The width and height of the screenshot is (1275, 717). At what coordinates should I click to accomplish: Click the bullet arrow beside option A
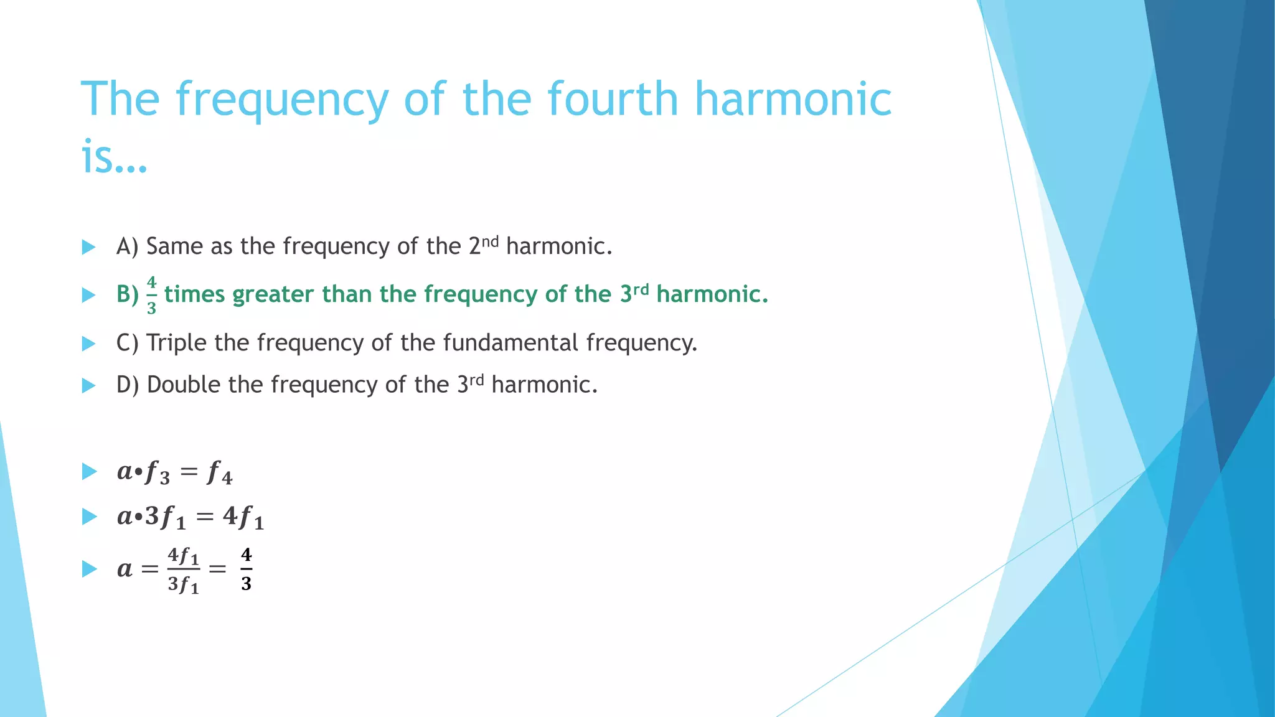[88, 247]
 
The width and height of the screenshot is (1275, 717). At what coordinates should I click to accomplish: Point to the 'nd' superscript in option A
[491, 241]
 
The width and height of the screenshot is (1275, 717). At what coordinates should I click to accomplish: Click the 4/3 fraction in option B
[151, 295]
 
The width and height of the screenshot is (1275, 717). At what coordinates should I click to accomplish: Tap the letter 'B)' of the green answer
[128, 294]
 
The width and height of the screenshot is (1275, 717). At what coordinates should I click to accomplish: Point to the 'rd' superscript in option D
[476, 380]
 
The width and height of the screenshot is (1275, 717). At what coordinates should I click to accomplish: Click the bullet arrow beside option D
[88, 385]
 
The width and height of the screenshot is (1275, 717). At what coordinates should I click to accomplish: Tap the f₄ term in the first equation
[219, 473]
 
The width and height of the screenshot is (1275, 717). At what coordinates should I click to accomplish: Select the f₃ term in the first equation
[157, 473]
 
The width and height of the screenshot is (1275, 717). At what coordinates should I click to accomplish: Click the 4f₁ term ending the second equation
[243, 517]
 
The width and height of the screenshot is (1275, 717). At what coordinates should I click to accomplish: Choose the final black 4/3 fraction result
[246, 569]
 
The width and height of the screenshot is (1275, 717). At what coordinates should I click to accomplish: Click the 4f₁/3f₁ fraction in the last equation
[184, 569]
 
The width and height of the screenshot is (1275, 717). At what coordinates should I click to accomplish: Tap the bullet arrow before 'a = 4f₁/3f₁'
[88, 569]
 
